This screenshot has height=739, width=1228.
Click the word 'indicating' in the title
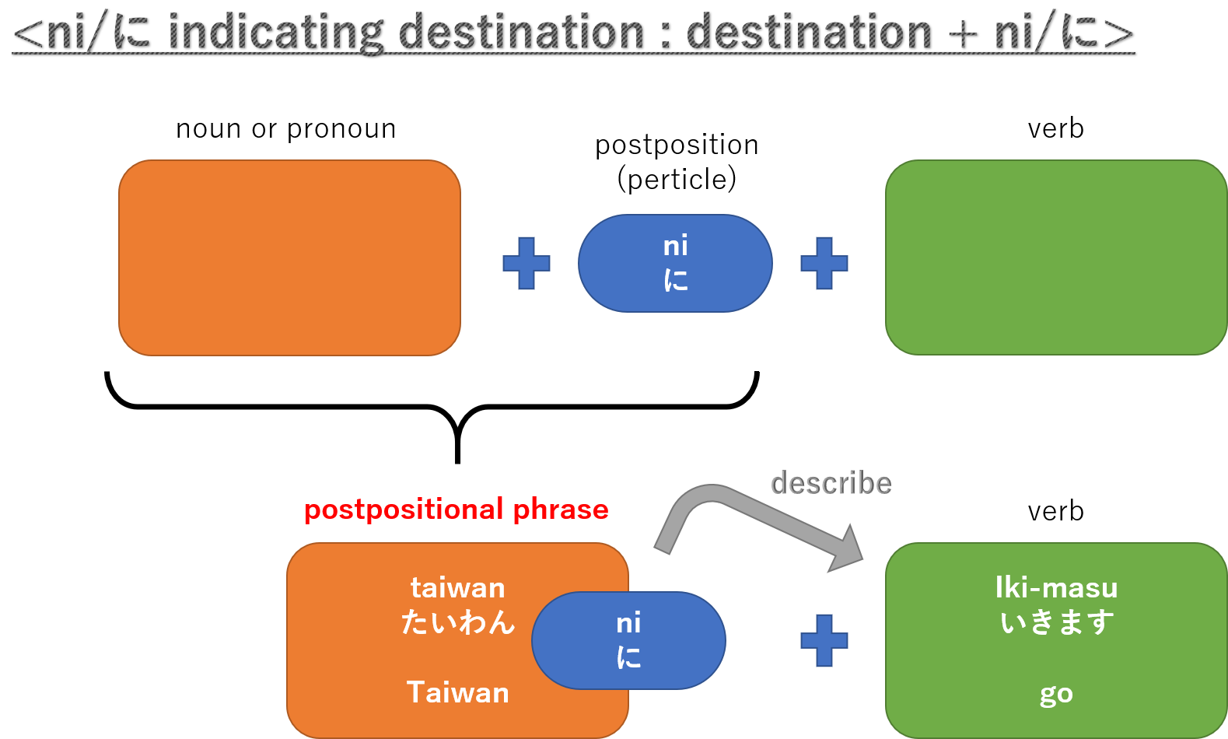coord(275,33)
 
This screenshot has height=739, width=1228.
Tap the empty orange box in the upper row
coord(289,257)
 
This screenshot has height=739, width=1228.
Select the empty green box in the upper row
coord(1055,257)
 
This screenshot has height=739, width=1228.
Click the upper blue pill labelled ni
coord(675,263)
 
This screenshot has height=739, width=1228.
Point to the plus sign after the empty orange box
coord(527,263)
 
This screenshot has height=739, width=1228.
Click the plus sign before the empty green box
coord(824,263)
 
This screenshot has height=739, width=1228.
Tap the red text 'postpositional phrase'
coord(457,510)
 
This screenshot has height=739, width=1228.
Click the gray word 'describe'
coord(831,483)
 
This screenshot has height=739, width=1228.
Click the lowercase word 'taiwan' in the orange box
coord(458,587)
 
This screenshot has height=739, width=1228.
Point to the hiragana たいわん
coord(458,622)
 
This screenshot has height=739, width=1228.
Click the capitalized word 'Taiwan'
coord(458,692)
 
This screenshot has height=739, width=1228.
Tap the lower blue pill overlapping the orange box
coord(628,640)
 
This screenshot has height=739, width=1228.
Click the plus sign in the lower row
coord(824,640)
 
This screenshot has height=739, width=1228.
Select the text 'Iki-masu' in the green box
coord(1056,587)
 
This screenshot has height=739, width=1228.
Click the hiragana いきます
coord(1056,622)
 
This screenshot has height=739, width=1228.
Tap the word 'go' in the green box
coord(1056,693)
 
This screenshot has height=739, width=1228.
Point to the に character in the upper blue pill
coord(675,280)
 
